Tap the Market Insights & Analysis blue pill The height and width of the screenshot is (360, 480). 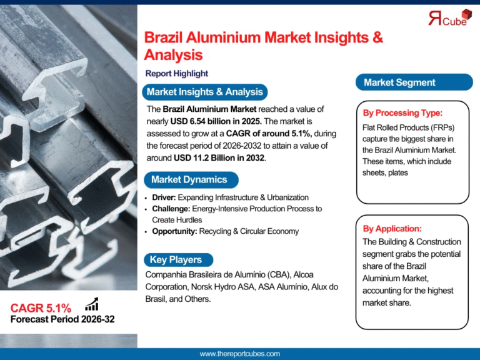(x=204, y=92)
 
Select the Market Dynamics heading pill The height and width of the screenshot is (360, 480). (x=189, y=180)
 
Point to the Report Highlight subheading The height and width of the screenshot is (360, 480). (x=176, y=74)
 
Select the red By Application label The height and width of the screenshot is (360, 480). (x=392, y=229)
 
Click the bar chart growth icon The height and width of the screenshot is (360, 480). (x=92, y=304)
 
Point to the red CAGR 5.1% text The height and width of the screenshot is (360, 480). (x=41, y=308)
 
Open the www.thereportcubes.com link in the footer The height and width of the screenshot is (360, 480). (x=240, y=354)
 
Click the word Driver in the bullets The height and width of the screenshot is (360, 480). (x=164, y=197)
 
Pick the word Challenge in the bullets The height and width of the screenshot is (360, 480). (x=171, y=209)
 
